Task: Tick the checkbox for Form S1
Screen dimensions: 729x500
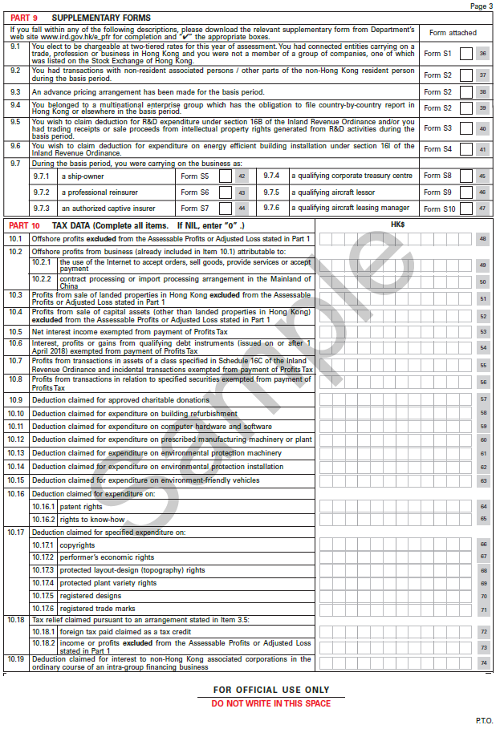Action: [x=465, y=54]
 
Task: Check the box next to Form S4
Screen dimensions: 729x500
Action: [x=465, y=149]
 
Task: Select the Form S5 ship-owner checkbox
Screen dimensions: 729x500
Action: [x=225, y=176]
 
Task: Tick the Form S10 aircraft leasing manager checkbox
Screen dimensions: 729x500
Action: [x=465, y=209]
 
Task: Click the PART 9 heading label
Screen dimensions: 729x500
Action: [x=22, y=17]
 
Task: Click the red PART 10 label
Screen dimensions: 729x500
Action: [x=24, y=226]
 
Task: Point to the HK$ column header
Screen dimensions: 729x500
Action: [x=397, y=225]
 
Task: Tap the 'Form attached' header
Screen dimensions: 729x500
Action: [x=453, y=33]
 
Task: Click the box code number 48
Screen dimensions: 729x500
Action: [x=483, y=239]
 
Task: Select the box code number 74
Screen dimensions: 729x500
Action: [x=483, y=663]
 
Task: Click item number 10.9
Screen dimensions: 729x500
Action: [x=16, y=399]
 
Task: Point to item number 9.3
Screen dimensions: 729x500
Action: [x=15, y=92]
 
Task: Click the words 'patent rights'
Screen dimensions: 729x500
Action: [x=81, y=507]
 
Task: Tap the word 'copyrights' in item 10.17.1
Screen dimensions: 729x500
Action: [x=77, y=545]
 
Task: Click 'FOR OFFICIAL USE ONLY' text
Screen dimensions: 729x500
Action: [x=271, y=690]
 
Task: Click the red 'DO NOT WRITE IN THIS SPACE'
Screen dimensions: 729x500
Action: [x=271, y=703]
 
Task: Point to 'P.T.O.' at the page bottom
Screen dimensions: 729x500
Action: [x=484, y=720]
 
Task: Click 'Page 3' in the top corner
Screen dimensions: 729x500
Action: [x=482, y=6]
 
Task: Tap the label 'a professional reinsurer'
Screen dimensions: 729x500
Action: [x=100, y=192]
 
